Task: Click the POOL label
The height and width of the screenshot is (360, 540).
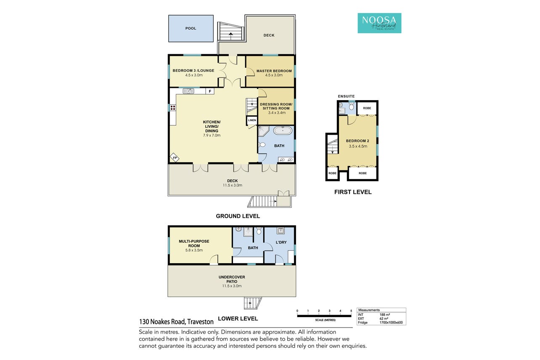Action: (191, 29)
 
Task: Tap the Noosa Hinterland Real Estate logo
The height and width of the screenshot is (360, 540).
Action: (379, 23)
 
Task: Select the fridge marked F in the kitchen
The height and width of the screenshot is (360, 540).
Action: (210, 91)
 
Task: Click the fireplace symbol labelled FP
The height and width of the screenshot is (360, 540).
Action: (175, 158)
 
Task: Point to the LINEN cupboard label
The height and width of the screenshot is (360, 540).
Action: (252, 120)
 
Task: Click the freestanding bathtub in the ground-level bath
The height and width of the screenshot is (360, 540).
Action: (283, 130)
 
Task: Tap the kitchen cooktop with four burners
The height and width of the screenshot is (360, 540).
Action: (172, 108)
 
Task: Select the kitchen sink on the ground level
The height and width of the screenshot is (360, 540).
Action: (188, 91)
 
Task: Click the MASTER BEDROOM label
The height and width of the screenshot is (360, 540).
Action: (274, 71)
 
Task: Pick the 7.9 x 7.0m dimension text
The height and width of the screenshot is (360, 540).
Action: (212, 135)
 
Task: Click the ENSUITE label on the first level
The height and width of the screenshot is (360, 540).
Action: (346, 96)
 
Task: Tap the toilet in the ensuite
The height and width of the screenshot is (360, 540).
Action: (352, 106)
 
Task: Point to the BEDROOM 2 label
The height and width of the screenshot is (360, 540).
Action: (357, 141)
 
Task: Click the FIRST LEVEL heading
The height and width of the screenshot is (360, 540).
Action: (353, 192)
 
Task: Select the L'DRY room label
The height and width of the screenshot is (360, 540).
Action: (281, 242)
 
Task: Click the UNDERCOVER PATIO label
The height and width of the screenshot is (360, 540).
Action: (232, 279)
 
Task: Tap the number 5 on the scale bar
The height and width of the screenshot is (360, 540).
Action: (351, 311)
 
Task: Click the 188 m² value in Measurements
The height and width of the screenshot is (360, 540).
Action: (385, 315)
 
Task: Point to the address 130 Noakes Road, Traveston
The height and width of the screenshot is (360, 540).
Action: (176, 322)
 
